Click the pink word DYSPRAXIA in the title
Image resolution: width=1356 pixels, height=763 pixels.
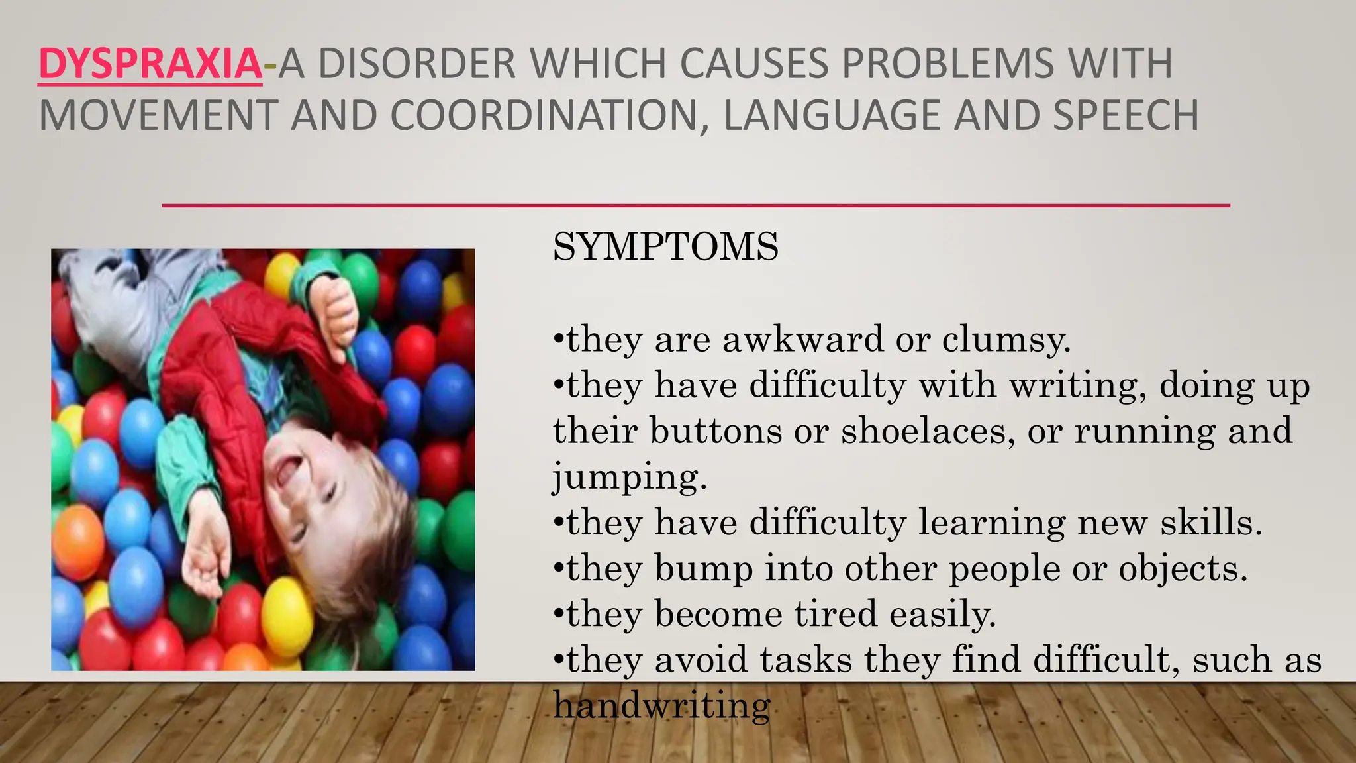[150, 64]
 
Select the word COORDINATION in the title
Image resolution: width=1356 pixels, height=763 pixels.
[544, 115]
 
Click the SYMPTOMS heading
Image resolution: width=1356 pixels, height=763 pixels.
[665, 247]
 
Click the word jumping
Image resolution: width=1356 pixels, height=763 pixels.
[629, 477]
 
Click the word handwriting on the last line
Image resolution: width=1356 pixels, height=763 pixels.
[662, 705]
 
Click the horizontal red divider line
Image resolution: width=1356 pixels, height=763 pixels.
[695, 206]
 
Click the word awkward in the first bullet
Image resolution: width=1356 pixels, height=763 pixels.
[802, 340]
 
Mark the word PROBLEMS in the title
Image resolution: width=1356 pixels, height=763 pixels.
[947, 64]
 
